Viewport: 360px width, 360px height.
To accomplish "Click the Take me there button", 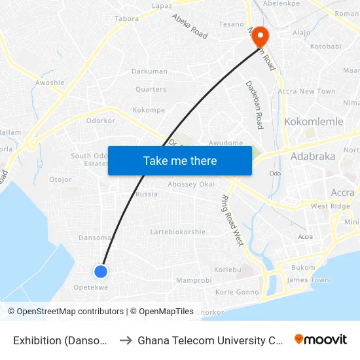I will pyautogui.click(x=180, y=160).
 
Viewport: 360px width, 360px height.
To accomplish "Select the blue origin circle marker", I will pyautogui.click(x=101, y=271).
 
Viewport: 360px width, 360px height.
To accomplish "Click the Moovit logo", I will pyautogui.click(x=320, y=339).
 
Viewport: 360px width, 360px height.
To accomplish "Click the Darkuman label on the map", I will pyautogui.click(x=149, y=71).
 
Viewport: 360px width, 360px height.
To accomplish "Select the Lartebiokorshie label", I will pyautogui.click(x=178, y=232).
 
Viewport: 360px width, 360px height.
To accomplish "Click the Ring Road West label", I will pyautogui.click(x=232, y=220).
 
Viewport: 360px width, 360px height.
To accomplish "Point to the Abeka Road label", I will pyautogui.click(x=189, y=26).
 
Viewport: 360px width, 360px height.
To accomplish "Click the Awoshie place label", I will pyautogui.click(x=50, y=83).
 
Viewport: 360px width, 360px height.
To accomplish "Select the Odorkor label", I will pyautogui.click(x=101, y=120).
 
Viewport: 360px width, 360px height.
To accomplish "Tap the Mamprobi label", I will pyautogui.click(x=194, y=280).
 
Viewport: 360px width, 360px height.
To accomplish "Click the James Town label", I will pyautogui.click(x=308, y=280).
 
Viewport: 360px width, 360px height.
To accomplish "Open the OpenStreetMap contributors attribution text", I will pyautogui.click(x=67, y=312).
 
